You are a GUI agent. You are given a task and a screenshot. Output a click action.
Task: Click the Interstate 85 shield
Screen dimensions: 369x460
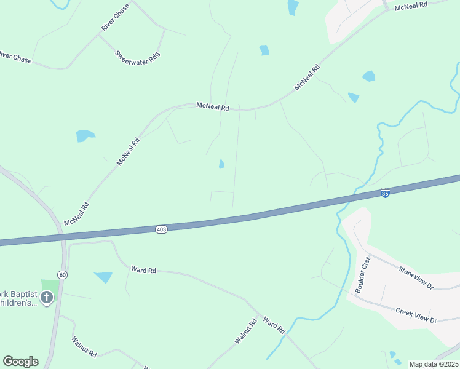pos(385,193)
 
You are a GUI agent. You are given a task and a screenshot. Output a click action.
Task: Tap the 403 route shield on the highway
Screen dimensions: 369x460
pos(161,229)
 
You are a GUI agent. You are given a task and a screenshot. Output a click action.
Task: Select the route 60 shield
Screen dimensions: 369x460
pos(62,274)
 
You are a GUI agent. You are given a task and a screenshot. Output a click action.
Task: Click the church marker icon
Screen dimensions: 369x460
pos(47,298)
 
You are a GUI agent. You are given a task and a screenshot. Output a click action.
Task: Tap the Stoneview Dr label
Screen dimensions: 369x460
pos(416,278)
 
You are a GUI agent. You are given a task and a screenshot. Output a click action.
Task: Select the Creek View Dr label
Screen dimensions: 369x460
pos(416,315)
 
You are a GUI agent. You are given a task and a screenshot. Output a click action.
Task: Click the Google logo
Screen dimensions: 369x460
pos(20,362)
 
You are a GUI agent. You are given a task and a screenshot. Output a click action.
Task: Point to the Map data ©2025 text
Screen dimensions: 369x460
pos(434,364)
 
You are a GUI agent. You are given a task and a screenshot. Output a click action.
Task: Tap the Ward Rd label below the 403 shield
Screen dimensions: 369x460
pos(144,269)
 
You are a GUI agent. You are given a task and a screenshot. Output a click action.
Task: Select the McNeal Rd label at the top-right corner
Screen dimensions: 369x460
pos(411,7)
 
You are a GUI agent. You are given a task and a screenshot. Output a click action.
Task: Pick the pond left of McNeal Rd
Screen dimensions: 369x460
pos(85,136)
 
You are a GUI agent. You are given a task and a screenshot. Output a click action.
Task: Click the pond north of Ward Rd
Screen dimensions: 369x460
pos(103,277)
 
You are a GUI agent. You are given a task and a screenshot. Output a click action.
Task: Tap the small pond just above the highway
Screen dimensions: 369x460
pos(221,164)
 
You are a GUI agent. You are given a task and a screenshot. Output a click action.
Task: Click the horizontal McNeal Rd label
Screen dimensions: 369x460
pos(212,106)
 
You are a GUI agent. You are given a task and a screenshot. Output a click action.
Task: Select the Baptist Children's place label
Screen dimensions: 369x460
pos(18,298)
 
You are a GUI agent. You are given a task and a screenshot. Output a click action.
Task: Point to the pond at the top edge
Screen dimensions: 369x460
pos(293,6)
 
